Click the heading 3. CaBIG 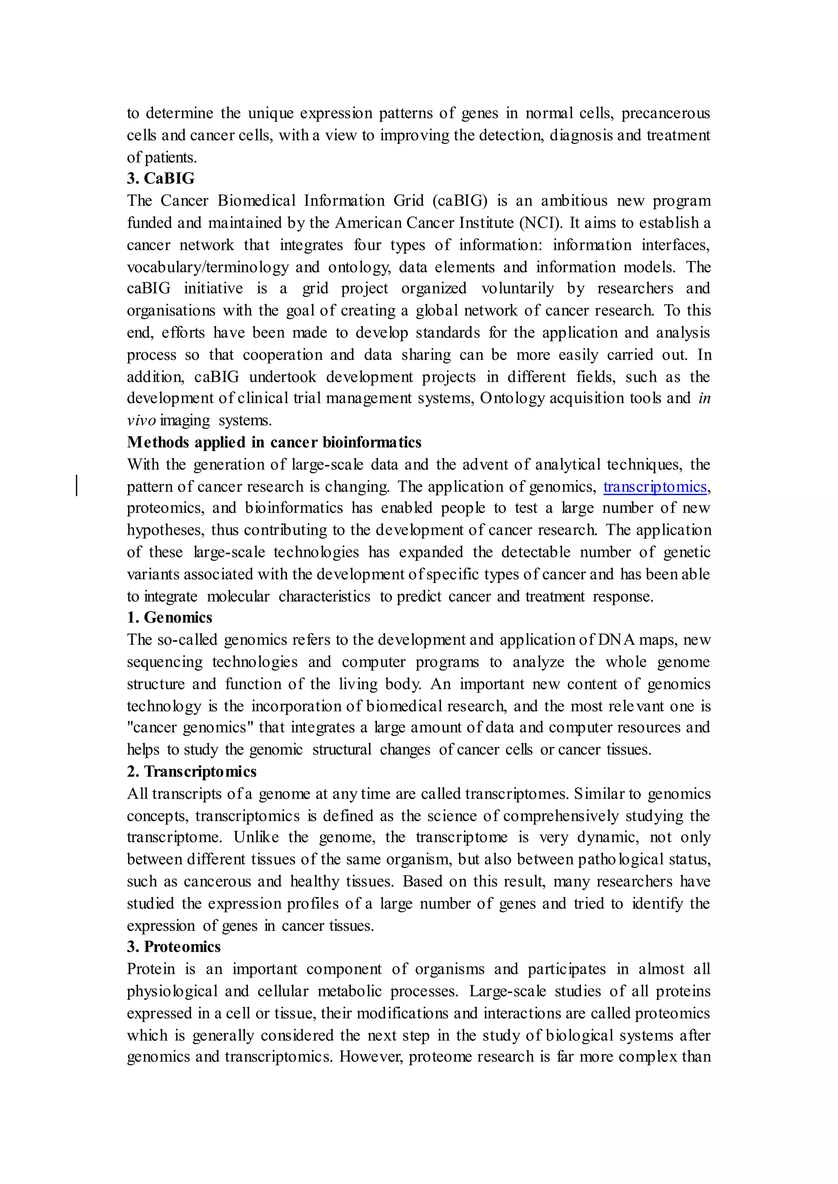click(160, 178)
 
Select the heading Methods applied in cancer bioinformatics click(274, 442)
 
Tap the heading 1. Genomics click(169, 618)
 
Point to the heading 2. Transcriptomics click(191, 771)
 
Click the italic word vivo click(141, 421)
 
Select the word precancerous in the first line click(666, 113)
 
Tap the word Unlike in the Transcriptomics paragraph click(256, 837)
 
